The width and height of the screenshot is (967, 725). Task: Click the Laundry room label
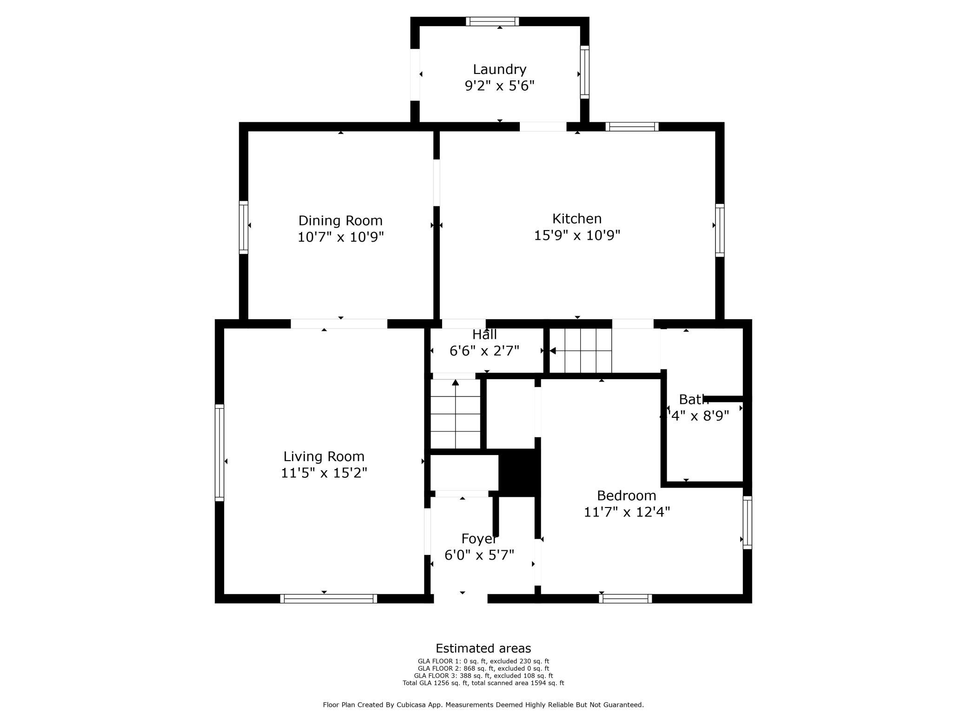(499, 69)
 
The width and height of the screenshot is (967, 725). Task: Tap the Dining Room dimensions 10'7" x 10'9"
(340, 237)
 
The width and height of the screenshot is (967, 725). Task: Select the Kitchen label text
(576, 218)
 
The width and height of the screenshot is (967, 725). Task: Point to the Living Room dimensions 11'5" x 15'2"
(324, 473)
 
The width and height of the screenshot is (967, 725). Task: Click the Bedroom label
(626, 495)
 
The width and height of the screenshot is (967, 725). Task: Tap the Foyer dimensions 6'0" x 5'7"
(479, 555)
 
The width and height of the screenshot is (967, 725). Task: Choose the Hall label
(484, 335)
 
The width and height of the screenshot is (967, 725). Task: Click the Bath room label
(693, 399)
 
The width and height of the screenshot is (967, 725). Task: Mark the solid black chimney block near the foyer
(519, 472)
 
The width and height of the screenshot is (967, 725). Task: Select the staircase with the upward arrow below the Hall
(455, 414)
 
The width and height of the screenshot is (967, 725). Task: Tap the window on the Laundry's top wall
(492, 21)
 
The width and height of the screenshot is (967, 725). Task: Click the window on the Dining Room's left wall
(244, 227)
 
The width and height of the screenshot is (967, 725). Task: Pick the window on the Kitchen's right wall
(719, 230)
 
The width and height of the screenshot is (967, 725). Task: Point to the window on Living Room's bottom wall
(328, 599)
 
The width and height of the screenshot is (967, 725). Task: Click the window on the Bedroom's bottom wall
(625, 599)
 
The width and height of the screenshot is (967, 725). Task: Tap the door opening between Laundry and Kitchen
(543, 126)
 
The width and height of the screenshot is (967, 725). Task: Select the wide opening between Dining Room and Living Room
(339, 324)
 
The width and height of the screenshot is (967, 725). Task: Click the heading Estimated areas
(483, 648)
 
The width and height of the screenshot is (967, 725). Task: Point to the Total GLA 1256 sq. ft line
(483, 683)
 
